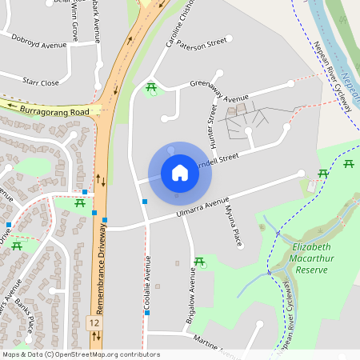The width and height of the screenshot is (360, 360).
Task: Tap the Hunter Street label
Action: pyautogui.click(x=214, y=122)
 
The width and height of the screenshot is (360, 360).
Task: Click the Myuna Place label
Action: pyautogui.click(x=232, y=226)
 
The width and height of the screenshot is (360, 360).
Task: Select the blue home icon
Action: pyautogui.click(x=180, y=172)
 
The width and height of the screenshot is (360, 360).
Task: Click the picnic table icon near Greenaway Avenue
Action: pyautogui.click(x=150, y=86)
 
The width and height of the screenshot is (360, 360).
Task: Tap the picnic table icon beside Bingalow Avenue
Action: pyautogui.click(x=199, y=261)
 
